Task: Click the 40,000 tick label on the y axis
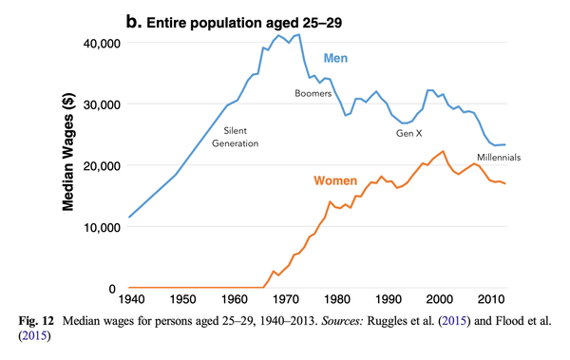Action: coord(98,44)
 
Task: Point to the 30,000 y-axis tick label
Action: coord(98,104)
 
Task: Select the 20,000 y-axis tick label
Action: coord(98,166)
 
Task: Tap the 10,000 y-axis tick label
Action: coord(98,228)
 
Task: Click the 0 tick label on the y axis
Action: coord(113,289)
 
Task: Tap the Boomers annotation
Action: coord(313,93)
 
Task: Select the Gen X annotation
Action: coord(410,133)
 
